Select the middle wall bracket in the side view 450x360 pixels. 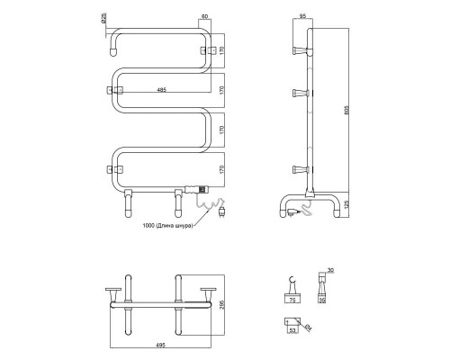tap(299, 93)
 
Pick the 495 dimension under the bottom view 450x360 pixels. tap(159, 341)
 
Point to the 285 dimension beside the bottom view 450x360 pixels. tap(220, 304)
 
